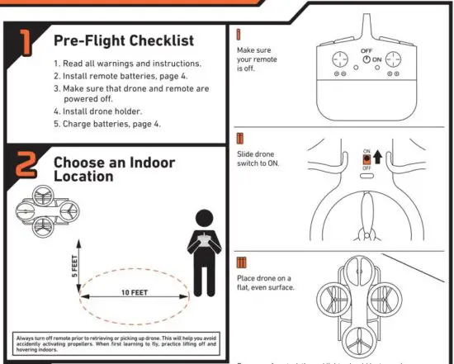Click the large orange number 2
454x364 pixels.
pos(26,166)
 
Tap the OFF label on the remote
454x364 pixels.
pos(366,51)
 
